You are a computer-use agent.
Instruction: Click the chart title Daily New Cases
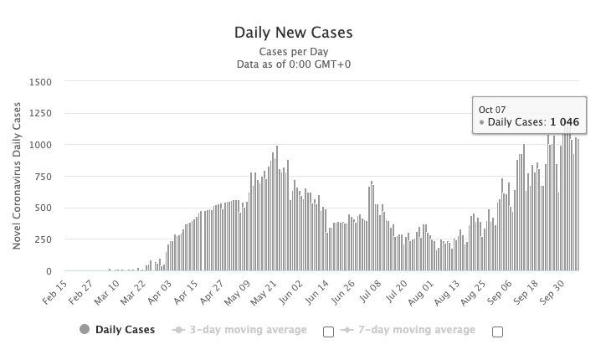294,33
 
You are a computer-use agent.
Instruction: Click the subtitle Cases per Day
294,52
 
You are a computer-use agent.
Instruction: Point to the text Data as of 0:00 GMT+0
294,64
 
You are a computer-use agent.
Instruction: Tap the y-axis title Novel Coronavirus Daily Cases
17,176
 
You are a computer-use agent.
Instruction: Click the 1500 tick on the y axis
40,82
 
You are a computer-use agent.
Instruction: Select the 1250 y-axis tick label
40,113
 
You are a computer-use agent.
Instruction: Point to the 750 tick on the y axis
44,177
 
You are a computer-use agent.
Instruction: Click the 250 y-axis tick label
44,239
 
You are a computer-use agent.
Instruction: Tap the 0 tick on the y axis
49,271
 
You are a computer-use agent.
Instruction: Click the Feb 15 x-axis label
55,292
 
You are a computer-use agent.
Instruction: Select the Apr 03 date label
160,292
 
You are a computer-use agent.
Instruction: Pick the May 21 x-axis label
264,292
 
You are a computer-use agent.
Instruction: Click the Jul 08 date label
370,291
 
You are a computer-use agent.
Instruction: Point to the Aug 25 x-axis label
474,292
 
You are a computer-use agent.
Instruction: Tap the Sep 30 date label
552,292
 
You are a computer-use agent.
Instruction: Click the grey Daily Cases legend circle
85,330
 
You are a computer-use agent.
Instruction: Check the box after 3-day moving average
328,332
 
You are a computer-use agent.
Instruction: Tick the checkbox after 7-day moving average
498,332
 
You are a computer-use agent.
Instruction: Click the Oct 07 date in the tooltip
492,110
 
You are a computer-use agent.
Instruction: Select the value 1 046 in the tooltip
565,122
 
